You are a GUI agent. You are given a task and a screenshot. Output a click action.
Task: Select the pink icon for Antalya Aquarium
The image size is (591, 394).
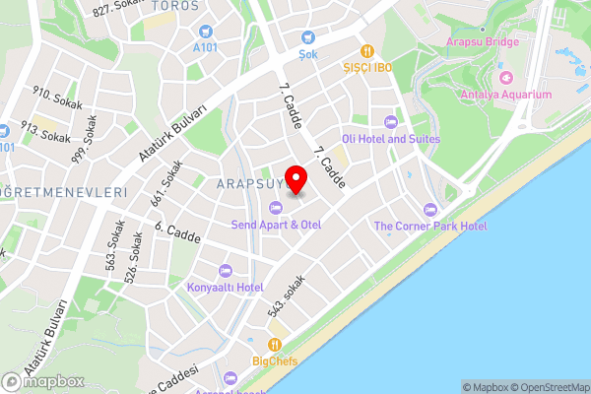(x=506, y=77)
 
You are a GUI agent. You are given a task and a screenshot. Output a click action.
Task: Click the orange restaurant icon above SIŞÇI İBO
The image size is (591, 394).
(x=366, y=50)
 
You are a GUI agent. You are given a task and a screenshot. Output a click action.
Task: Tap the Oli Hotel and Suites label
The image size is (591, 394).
(x=389, y=139)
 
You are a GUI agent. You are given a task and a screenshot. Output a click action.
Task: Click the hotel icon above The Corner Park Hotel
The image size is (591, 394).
(x=429, y=209)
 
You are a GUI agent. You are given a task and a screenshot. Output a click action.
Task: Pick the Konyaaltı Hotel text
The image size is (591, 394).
(x=225, y=287)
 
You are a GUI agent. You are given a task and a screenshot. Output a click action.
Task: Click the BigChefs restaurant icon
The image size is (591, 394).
(x=274, y=345)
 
